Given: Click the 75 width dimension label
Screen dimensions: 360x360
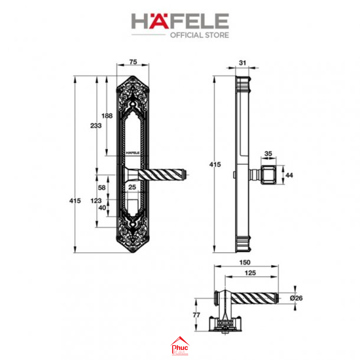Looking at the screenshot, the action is pyautogui.click(x=133, y=62).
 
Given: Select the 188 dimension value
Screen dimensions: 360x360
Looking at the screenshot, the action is pyautogui.click(x=107, y=116).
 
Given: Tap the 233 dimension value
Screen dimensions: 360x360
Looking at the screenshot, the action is pyautogui.click(x=96, y=125).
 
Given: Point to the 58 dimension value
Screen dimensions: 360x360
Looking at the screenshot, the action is pyautogui.click(x=102, y=188).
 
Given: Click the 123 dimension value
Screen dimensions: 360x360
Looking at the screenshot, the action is pyautogui.click(x=96, y=201).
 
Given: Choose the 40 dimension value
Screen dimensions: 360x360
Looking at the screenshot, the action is pyautogui.click(x=102, y=208).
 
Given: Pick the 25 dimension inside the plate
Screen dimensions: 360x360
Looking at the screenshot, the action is pyautogui.click(x=132, y=187).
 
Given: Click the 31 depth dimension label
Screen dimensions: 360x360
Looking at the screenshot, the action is pyautogui.click(x=242, y=63).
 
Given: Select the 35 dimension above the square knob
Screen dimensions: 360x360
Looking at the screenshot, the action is pyautogui.click(x=268, y=154).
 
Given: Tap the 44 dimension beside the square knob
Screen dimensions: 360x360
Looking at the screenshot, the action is pyautogui.click(x=289, y=175).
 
